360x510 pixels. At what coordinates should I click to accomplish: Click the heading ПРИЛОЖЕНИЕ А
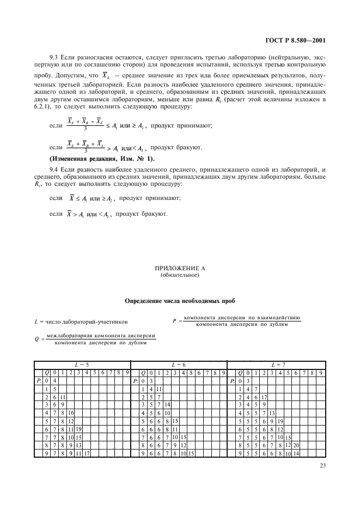point(180,269)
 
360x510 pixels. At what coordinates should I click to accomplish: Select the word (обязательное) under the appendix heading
point(180,275)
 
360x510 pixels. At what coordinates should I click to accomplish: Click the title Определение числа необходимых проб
point(180,300)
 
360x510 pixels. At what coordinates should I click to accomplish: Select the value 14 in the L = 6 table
point(167,405)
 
